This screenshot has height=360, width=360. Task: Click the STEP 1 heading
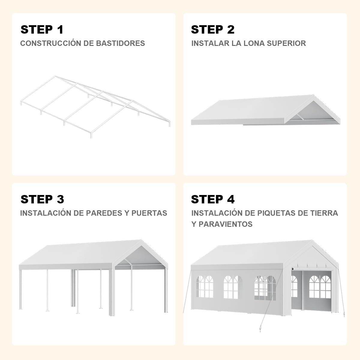tap(42, 29)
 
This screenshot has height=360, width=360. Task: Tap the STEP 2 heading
tap(213, 29)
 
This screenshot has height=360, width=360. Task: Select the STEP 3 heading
tap(42, 199)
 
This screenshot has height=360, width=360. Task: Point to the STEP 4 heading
tap(213, 199)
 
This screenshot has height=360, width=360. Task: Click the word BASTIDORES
tap(121, 43)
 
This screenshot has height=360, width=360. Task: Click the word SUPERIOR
tap(286, 43)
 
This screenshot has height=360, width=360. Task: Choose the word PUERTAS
tap(149, 213)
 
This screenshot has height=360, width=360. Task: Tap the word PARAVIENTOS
tap(226, 224)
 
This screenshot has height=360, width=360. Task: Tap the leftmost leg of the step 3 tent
tap(20, 289)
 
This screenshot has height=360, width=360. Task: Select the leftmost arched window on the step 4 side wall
tap(205, 286)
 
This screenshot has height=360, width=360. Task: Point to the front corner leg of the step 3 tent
tap(112, 292)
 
